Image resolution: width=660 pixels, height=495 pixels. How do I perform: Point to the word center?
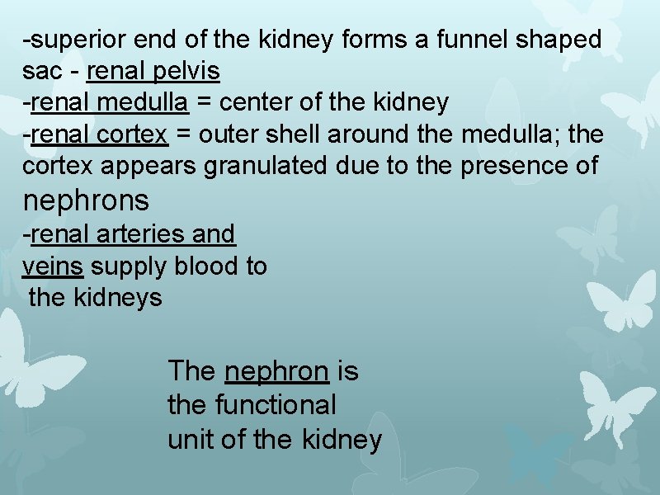tap(257, 102)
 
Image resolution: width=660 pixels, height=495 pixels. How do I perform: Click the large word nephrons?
tap(86, 200)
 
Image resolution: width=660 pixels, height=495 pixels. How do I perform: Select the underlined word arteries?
tap(141, 234)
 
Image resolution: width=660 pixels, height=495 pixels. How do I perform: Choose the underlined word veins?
tap(52, 266)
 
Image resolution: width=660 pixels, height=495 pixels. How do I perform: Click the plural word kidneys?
tap(121, 297)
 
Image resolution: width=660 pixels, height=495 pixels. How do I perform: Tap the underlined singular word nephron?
tap(276, 372)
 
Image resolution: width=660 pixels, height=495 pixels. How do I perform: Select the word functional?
tap(276, 405)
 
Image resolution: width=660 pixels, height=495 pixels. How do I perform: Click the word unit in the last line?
tap(191, 439)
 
